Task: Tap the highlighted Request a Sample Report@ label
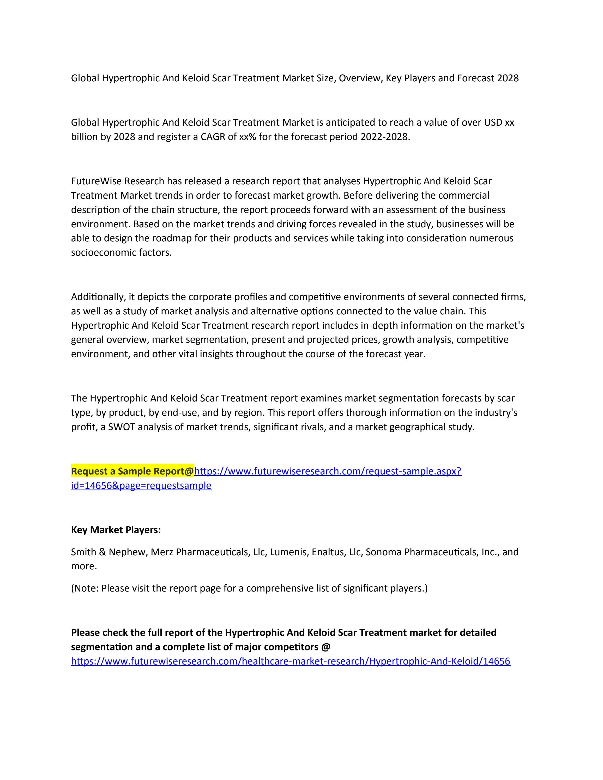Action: pyautogui.click(x=132, y=471)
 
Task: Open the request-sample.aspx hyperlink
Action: pyautogui.click(x=328, y=471)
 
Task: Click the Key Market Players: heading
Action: pyautogui.click(x=116, y=530)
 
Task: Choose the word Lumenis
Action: pyautogui.click(x=289, y=552)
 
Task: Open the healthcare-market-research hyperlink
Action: pyautogui.click(x=291, y=661)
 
